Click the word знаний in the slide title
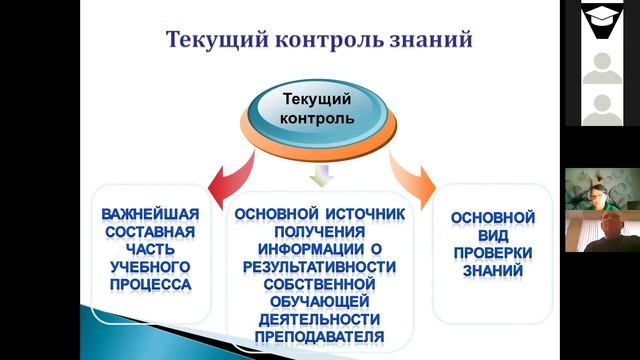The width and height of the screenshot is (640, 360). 428,42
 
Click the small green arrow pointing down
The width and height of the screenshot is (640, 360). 319,177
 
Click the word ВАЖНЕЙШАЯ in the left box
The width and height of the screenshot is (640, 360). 150,215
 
